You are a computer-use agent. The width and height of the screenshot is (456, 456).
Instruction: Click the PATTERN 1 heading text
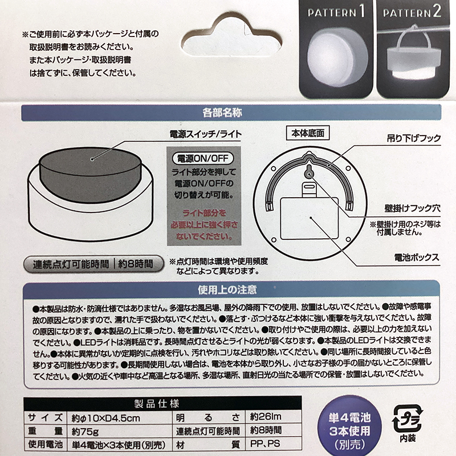(336, 12)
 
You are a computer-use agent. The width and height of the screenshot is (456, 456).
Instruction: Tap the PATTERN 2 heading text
(412, 12)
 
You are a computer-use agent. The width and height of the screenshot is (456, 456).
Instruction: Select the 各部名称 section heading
(222, 112)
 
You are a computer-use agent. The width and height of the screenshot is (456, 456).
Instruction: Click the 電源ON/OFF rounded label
(203, 158)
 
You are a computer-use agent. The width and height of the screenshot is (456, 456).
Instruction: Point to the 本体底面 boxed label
(308, 133)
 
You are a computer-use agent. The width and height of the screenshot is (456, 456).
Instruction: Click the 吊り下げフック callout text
(414, 138)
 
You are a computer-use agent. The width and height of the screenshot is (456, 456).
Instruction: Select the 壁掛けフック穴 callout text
(412, 208)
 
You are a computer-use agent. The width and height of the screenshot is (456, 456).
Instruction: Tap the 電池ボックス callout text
(417, 258)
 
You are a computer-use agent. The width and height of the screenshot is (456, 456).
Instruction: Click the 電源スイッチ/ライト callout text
(206, 134)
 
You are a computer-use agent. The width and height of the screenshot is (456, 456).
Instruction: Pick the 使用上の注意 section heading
(227, 290)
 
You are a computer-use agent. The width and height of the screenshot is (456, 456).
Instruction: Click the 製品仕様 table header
(157, 404)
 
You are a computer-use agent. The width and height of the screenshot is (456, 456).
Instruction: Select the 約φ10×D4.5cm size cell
(106, 418)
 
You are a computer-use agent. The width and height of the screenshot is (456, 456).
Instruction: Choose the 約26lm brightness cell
(266, 417)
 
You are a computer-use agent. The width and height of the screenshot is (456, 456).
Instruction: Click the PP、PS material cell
(265, 443)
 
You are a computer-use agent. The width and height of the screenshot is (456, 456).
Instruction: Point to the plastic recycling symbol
(408, 418)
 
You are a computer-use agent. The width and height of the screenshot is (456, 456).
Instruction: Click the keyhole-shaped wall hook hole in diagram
(309, 172)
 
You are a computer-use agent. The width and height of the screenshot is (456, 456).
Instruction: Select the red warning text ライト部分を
(204, 213)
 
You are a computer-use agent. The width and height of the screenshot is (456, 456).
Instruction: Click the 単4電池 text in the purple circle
(349, 418)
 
